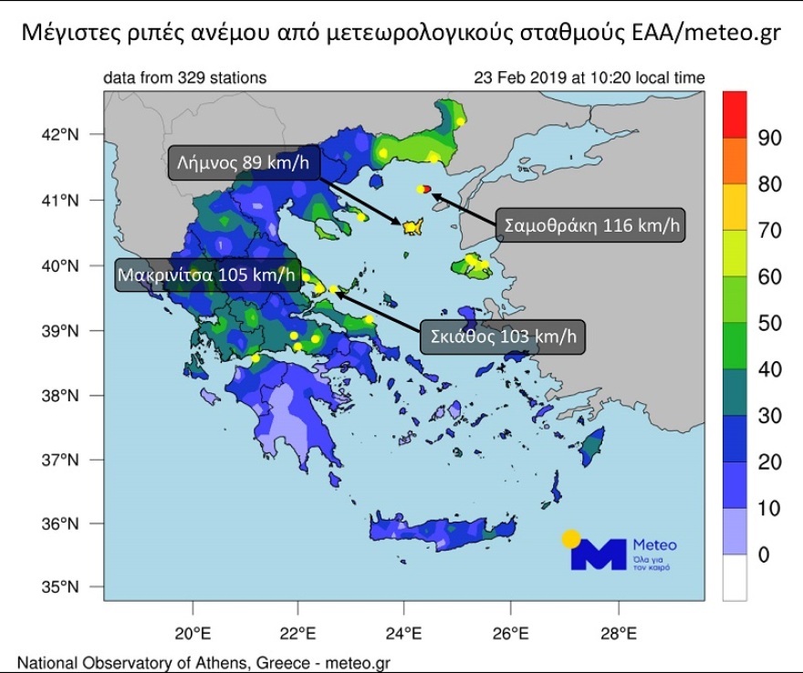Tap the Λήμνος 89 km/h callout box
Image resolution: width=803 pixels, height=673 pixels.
[x=243, y=163]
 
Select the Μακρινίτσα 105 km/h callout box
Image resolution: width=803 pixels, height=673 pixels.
[x=208, y=274]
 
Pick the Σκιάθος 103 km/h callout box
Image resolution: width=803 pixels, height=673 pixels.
[x=501, y=336]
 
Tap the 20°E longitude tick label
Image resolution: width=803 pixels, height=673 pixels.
[x=193, y=633]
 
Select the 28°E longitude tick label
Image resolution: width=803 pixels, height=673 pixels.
[x=618, y=633]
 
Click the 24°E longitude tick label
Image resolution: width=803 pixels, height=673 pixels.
[x=404, y=633]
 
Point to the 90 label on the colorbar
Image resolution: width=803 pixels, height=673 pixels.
[x=769, y=138]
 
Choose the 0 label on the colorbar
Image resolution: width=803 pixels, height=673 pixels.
[x=764, y=554]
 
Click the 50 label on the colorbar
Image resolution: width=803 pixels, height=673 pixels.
[x=769, y=323]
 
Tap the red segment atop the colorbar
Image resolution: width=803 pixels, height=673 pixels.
[x=735, y=114]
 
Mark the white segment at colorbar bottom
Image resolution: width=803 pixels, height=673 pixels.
[x=735, y=577]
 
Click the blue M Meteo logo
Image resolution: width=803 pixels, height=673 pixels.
[x=600, y=553]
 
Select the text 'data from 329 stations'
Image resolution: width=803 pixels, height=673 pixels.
[x=184, y=78]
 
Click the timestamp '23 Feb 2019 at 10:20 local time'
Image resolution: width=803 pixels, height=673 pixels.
[x=589, y=78]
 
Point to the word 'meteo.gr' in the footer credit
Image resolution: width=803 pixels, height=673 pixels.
[x=357, y=663]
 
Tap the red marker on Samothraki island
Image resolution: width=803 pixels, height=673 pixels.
[x=427, y=189]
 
